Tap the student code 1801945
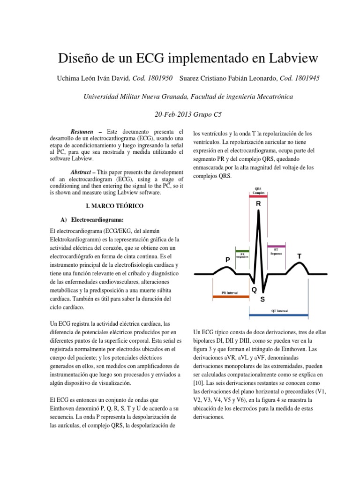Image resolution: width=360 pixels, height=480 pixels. tap(306, 78)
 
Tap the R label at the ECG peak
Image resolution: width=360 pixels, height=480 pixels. tap(258, 204)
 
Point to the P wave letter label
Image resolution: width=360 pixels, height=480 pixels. tap(227, 259)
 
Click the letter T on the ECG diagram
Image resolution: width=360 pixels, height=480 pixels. tap(300, 256)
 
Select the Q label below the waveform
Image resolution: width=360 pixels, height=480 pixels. tap(254, 290)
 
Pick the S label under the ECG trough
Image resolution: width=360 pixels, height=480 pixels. tap(262, 299)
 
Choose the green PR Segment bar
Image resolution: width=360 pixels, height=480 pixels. tap(242, 251)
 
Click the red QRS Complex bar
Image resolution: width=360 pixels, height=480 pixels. tap(258, 197)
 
